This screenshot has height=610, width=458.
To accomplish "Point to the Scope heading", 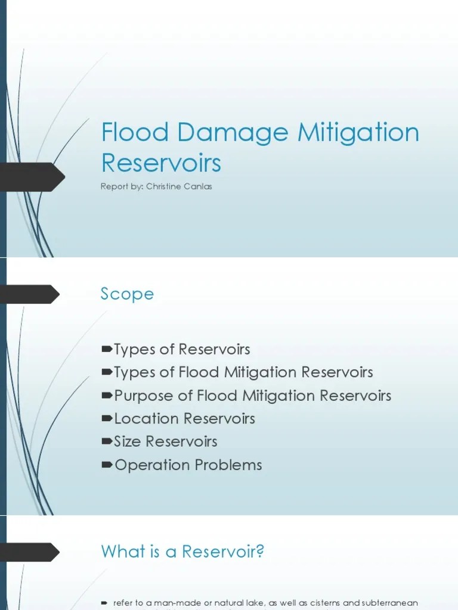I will tap(127, 294).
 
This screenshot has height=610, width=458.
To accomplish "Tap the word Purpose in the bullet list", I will tap(141, 396).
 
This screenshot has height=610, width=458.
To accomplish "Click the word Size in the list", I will tap(128, 441).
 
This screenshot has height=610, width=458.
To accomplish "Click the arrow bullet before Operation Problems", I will tap(107, 465).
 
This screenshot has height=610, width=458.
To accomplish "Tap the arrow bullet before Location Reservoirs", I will tap(107, 419).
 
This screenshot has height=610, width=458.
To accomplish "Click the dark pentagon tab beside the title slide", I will tap(33, 177).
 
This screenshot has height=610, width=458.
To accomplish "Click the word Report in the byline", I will tap(113, 186).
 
